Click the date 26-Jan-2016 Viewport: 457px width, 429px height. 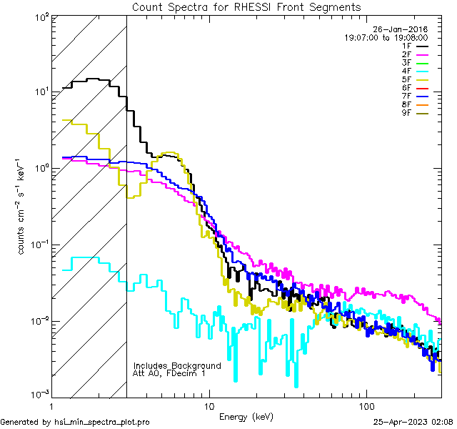coord(400,29)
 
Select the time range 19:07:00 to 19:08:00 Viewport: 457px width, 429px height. coord(386,37)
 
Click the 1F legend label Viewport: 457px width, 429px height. coord(406,46)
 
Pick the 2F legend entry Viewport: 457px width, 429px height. coord(406,54)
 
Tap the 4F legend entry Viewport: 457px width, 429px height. coord(406,70)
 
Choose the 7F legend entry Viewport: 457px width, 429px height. coord(406,95)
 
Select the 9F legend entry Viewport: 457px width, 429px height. coord(406,112)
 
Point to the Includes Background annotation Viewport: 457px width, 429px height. coord(177,365)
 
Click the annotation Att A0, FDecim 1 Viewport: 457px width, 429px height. coord(169,373)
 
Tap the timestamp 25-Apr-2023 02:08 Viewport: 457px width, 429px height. coord(413,422)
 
